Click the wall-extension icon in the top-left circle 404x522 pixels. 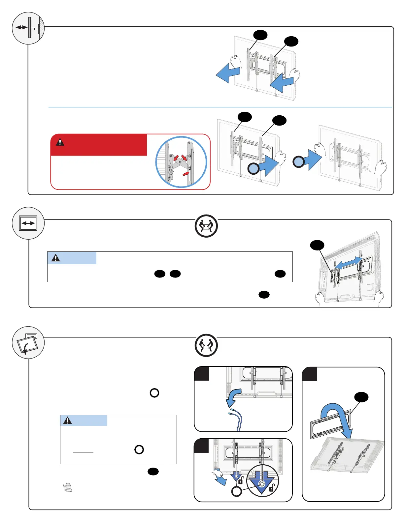point(28,28)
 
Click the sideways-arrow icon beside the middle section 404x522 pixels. point(28,223)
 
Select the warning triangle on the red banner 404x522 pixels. point(60,142)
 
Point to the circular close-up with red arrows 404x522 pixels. point(181,162)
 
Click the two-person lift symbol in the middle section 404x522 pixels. point(206,226)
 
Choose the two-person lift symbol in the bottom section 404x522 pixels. point(206,345)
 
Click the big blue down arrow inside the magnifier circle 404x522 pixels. point(262,482)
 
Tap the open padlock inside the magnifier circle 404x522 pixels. point(271,488)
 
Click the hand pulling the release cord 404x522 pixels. point(219,477)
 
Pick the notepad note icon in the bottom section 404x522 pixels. point(67,487)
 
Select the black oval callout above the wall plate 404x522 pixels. point(361,397)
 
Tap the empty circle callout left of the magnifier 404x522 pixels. point(237,491)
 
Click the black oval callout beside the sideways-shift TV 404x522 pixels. point(317,245)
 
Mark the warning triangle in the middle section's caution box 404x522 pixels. point(56,258)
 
